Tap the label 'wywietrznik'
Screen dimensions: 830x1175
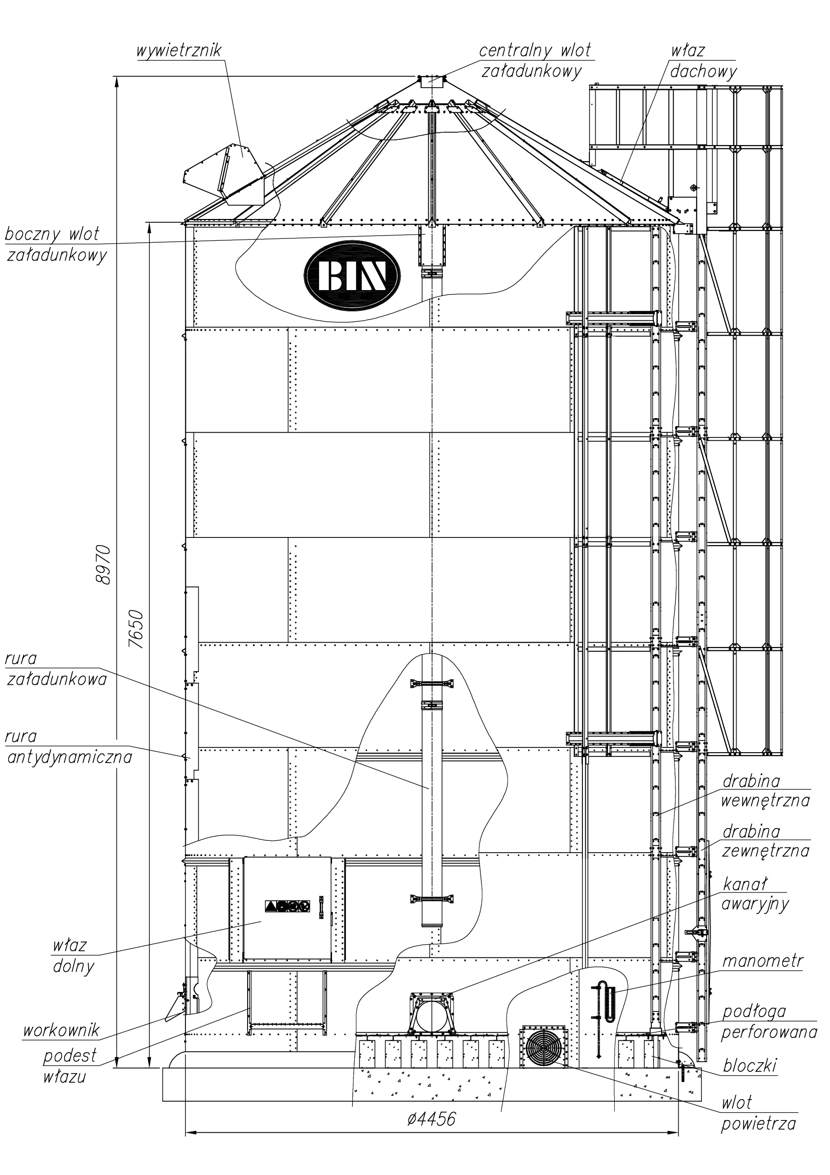tap(179, 51)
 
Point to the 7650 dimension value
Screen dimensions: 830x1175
tap(136, 629)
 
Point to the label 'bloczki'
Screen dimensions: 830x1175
tap(750, 1065)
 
